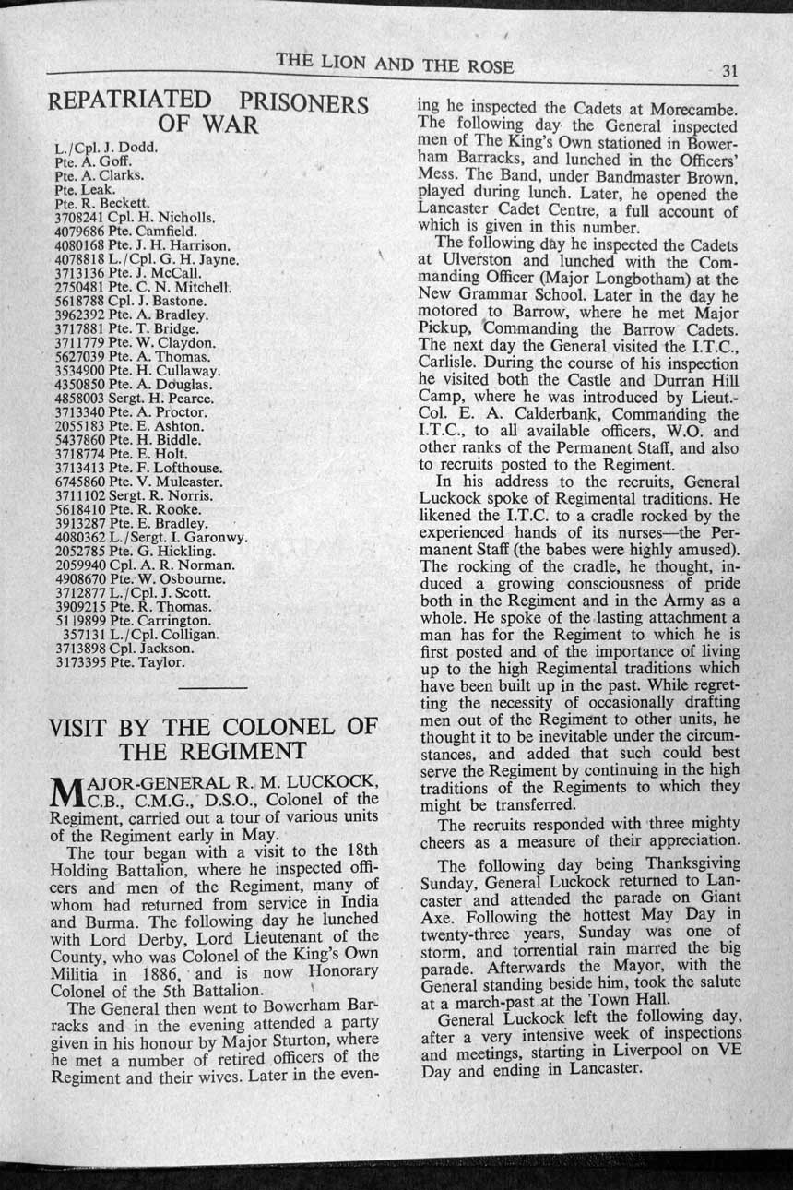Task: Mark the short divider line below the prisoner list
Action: point(211,688)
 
